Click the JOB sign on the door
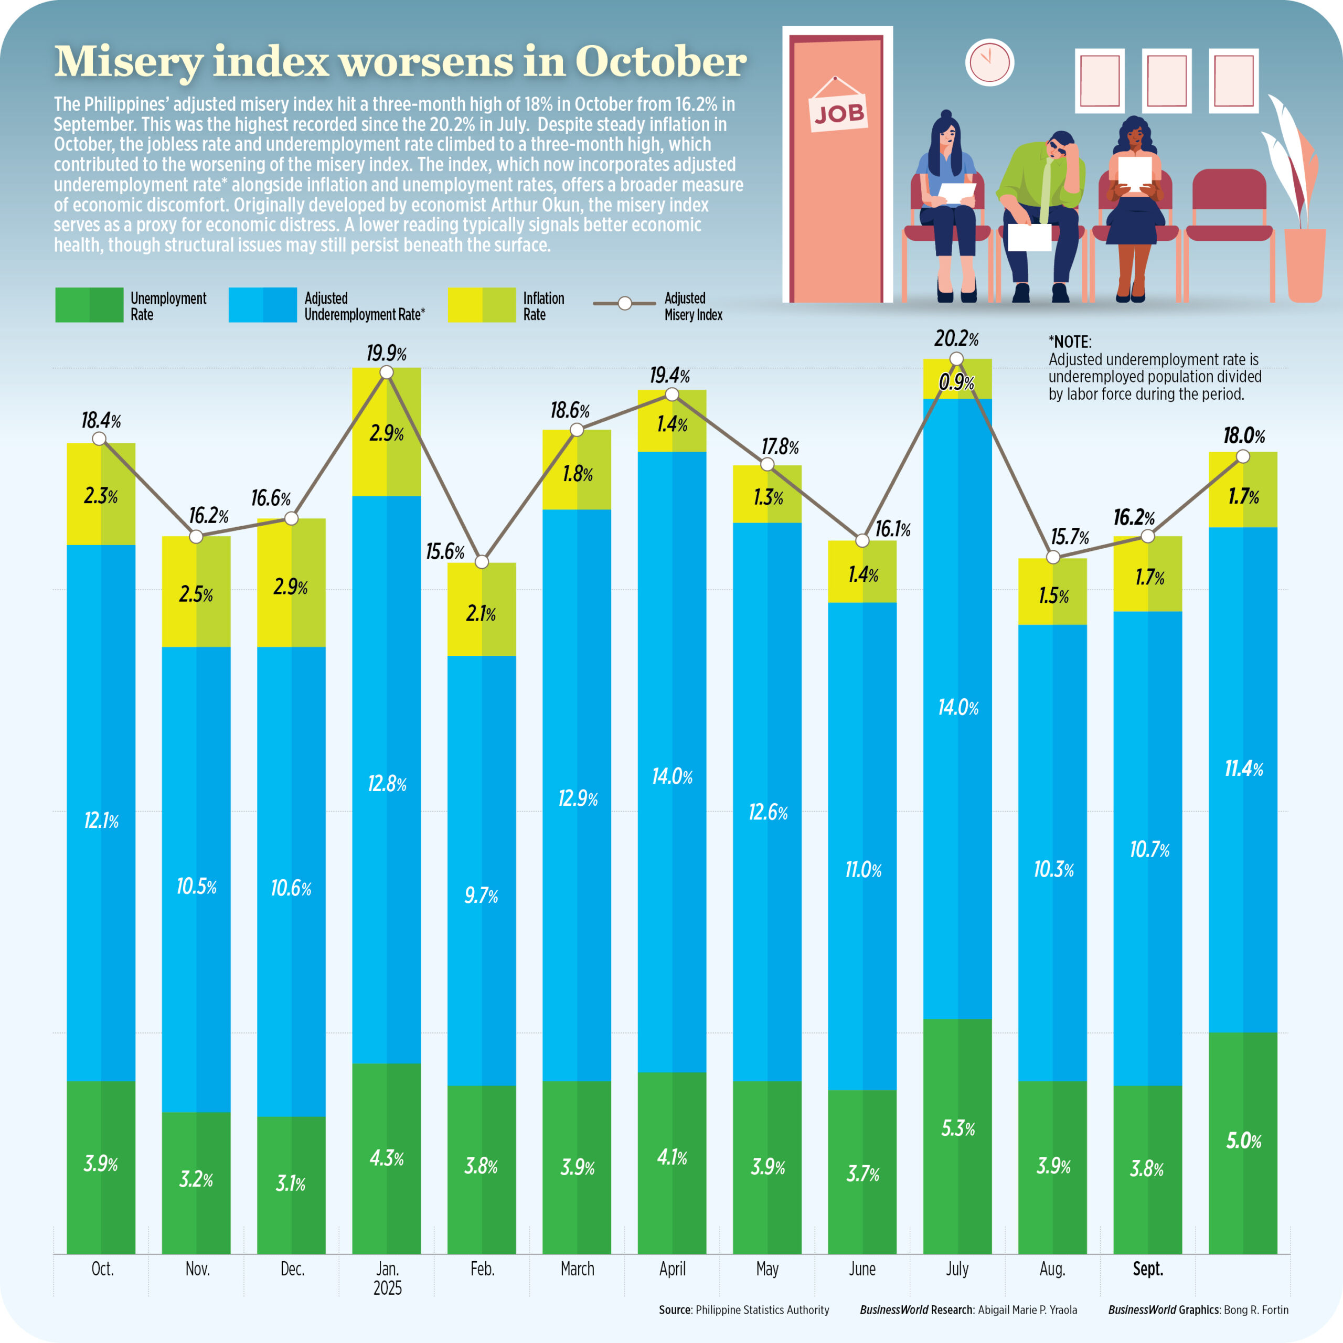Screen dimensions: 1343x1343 point(839,113)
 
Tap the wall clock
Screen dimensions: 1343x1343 point(989,62)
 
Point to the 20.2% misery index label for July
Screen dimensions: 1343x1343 point(956,339)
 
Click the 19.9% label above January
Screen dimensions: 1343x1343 point(387,353)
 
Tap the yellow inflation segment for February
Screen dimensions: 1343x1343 point(481,609)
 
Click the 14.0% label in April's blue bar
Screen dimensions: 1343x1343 point(672,776)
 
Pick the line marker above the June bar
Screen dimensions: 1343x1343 point(862,540)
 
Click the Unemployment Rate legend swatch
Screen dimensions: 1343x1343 point(89,305)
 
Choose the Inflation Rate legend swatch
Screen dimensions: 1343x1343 point(481,305)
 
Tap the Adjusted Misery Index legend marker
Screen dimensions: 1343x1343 point(624,304)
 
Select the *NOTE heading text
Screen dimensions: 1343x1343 point(1069,342)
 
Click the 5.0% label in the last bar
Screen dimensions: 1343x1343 point(1243,1141)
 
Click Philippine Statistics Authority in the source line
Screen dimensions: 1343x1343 point(762,1309)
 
